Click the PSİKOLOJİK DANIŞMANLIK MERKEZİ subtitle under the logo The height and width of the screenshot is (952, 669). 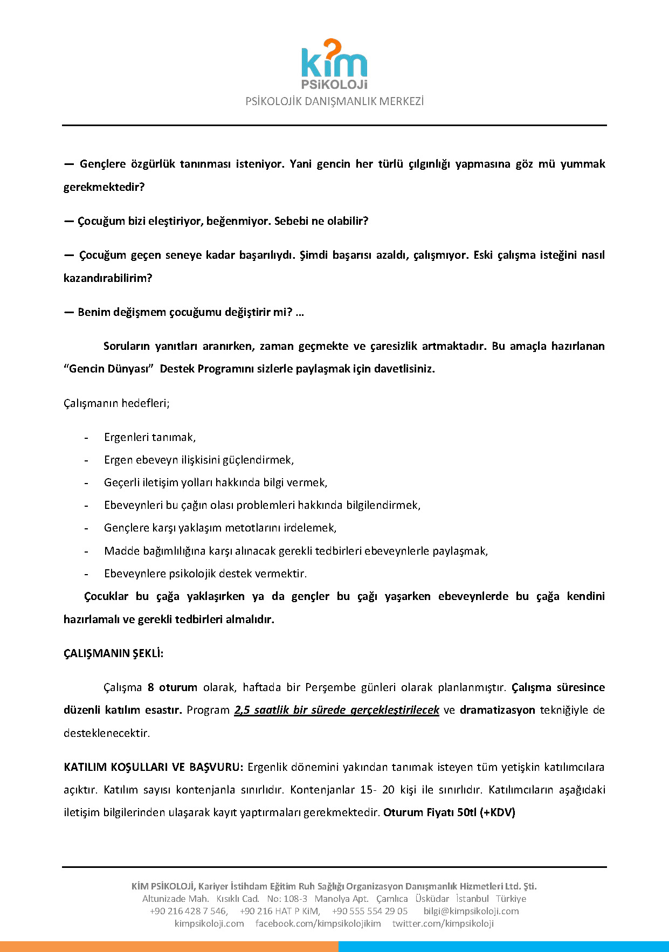tap(334, 101)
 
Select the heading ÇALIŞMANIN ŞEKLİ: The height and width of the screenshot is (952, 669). tap(113, 653)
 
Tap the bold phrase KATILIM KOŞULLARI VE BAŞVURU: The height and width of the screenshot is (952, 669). tap(154, 767)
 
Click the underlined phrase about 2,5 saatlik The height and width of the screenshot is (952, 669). tap(336, 710)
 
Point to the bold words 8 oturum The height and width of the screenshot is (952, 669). tap(173, 687)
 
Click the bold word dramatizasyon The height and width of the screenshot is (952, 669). tap(497, 710)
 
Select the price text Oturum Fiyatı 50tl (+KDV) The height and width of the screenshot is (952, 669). tap(449, 812)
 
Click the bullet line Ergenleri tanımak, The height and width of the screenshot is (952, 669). tap(150, 437)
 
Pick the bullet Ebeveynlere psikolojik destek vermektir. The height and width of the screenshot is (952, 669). tap(205, 574)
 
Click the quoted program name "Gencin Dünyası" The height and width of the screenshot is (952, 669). tap(109, 369)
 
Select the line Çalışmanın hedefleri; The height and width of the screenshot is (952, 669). tap(116, 403)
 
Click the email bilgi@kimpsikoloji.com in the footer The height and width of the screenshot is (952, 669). tap(471, 911)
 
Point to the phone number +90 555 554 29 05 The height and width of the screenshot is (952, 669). tap(370, 911)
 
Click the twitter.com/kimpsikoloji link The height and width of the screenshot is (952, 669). tap(443, 923)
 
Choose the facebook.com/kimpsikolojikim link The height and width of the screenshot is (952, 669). tap(318, 923)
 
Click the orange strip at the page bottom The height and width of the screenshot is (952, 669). tap(169, 947)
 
